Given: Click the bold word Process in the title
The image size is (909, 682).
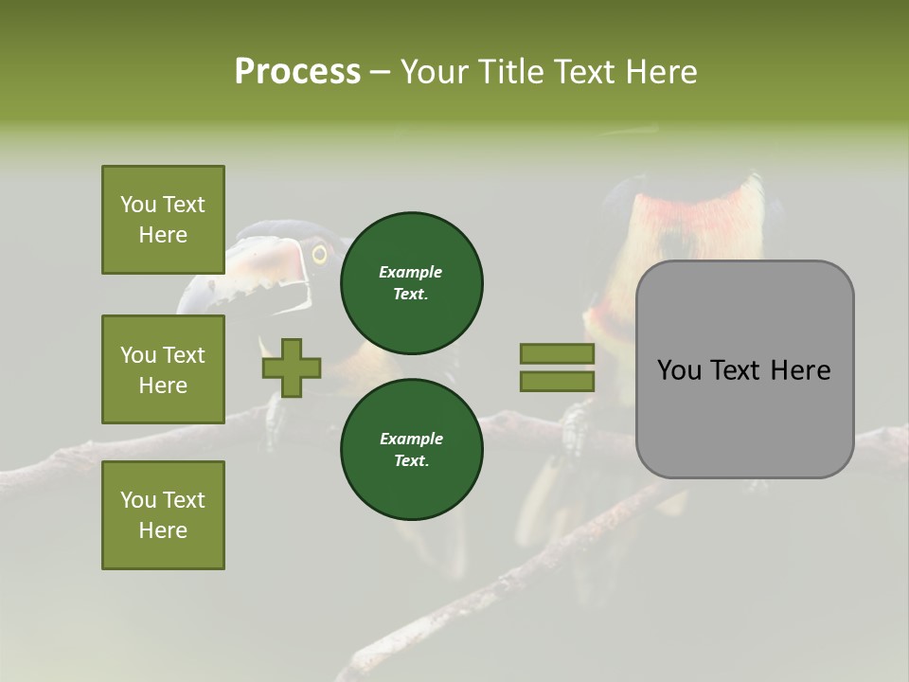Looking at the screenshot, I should click(297, 72).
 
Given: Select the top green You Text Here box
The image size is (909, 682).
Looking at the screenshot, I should click(163, 220).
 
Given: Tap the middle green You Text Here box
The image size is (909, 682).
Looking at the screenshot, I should click(163, 369).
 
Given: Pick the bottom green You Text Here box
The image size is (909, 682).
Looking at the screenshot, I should click(163, 515).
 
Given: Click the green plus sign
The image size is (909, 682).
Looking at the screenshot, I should click(292, 368).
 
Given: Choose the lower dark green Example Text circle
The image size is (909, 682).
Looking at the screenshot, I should click(411, 449).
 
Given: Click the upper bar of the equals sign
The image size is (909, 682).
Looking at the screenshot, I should click(557, 353).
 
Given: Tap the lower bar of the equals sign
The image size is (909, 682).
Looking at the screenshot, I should click(557, 381).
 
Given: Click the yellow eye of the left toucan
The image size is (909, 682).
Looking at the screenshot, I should click(319, 254).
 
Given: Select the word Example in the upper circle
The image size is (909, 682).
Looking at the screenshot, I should click(411, 272).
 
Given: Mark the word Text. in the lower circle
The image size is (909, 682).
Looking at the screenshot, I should click(411, 461).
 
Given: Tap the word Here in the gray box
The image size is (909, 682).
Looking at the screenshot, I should click(800, 370).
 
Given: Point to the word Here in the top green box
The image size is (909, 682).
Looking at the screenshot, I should click(163, 235).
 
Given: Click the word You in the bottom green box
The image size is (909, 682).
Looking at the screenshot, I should click(138, 500).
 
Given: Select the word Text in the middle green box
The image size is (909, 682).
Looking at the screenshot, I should click(183, 355).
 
